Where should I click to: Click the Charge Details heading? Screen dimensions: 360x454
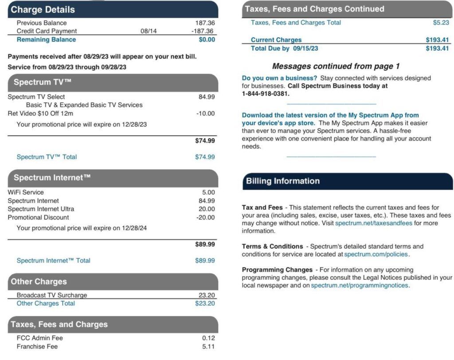coord(43,9)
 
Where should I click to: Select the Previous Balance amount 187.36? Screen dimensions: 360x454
coord(205,23)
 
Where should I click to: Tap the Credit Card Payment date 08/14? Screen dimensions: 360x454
coord(149,31)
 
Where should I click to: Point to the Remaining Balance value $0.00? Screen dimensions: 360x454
coord(207,39)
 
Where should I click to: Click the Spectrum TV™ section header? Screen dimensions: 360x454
coord(43,82)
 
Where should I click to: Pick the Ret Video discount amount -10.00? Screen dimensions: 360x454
coord(205,113)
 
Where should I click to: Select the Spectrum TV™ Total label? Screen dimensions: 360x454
coord(47,157)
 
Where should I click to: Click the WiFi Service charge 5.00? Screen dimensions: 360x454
coord(208,192)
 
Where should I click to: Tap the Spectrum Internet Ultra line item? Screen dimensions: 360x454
coord(41,209)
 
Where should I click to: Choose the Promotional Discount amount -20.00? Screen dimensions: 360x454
coord(205,218)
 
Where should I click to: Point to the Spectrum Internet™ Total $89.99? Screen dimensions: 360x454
coord(205,261)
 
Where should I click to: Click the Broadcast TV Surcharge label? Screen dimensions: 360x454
coord(52,295)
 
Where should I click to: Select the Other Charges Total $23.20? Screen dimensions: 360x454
coord(205,304)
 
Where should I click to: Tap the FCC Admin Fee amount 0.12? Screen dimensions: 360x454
coord(208,338)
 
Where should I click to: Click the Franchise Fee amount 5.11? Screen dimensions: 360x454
coord(208,346)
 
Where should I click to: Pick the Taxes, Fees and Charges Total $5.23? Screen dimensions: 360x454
coord(441,23)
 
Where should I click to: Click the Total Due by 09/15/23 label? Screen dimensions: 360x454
coord(284,48)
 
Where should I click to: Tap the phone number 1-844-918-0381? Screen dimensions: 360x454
coord(266,94)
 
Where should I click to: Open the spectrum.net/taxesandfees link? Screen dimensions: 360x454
coord(374,223)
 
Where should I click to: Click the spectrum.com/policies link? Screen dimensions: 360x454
coord(376,254)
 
